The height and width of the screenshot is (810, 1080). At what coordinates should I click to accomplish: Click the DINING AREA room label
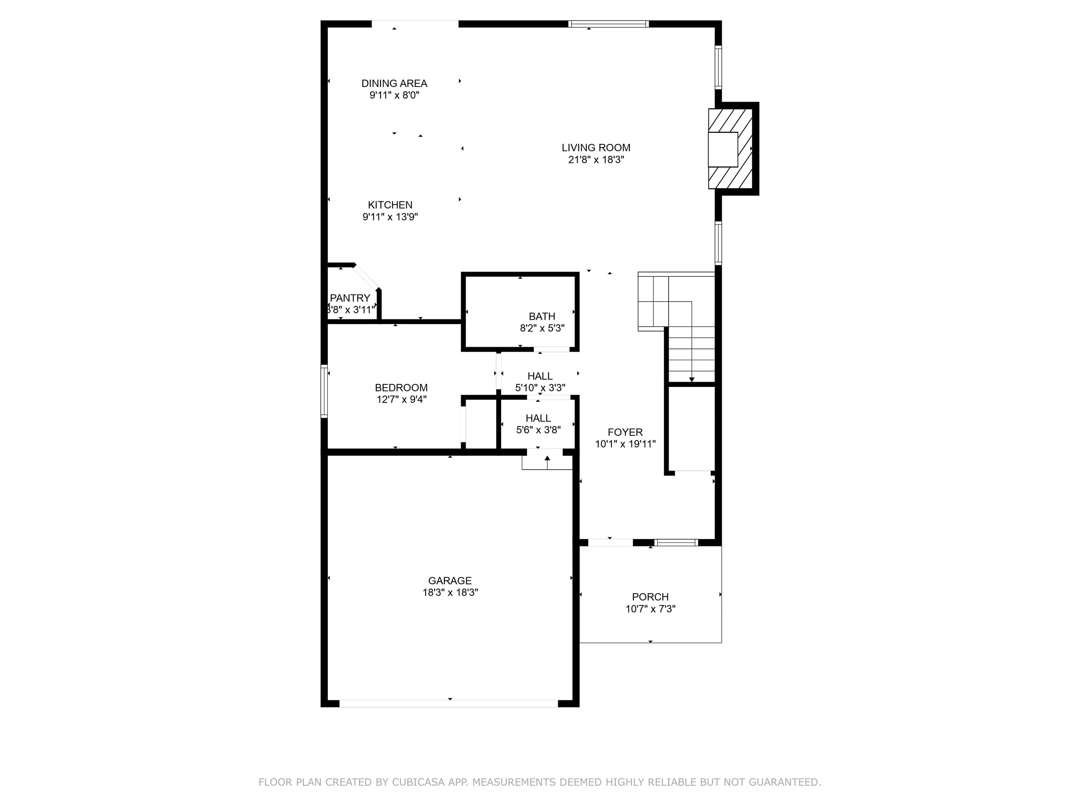(394, 84)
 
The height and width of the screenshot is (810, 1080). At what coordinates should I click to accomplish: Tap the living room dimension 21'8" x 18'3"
(596, 159)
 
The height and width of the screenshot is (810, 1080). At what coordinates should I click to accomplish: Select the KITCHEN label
(390, 205)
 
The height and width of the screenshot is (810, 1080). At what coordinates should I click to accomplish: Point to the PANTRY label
(350, 298)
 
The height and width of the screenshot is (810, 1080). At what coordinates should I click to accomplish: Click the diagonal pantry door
(367, 278)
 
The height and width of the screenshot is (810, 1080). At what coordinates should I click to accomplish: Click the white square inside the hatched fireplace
(723, 149)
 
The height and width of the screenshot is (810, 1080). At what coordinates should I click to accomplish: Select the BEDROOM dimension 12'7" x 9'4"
(401, 400)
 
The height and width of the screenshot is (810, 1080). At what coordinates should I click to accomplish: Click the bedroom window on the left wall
(324, 391)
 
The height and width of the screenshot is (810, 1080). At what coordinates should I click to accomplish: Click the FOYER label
(625, 432)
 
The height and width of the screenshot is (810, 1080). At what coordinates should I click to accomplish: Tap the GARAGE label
(450, 580)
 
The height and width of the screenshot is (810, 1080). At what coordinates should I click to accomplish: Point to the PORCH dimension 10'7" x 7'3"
(651, 609)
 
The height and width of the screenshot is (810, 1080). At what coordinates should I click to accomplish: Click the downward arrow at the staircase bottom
(691, 379)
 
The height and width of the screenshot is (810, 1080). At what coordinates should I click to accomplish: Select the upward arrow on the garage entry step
(547, 459)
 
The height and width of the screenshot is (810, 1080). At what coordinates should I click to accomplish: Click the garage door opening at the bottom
(448, 704)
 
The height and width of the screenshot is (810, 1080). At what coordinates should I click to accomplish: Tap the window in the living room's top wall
(608, 24)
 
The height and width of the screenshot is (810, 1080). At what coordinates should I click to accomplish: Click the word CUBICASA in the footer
(418, 782)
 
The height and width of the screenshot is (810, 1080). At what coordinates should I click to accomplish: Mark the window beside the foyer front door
(676, 543)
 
